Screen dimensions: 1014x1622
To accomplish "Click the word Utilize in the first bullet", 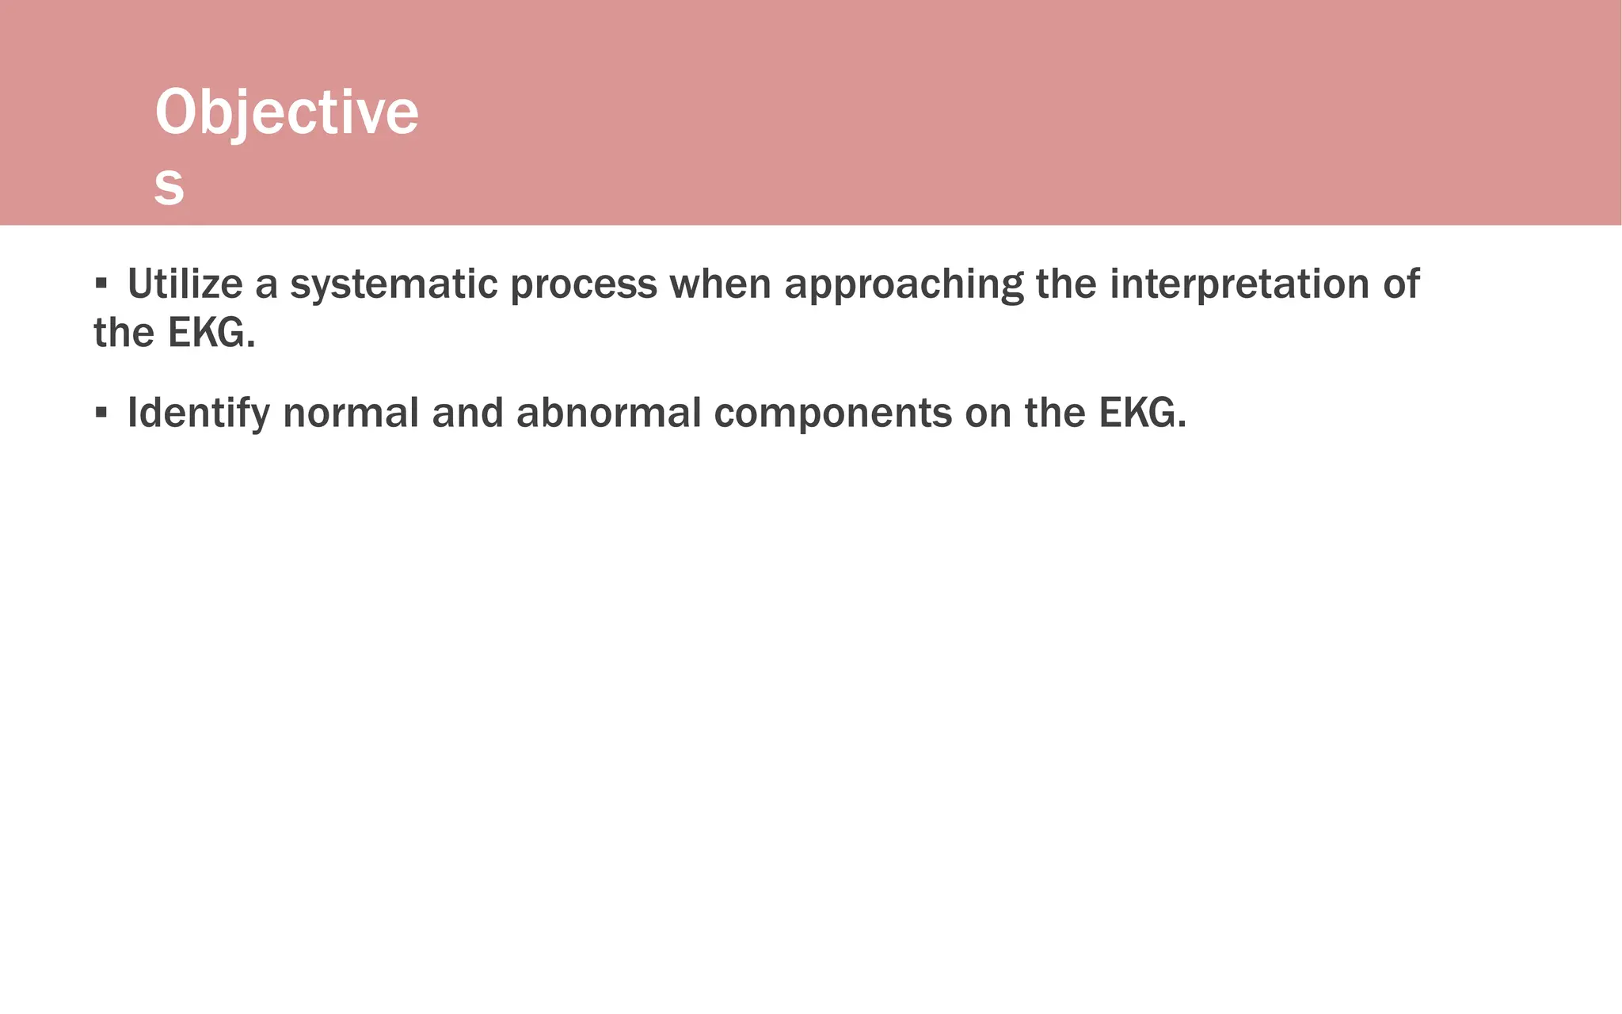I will (185, 284).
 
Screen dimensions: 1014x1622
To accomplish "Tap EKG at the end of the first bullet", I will (211, 333).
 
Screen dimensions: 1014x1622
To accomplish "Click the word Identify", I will (199, 414).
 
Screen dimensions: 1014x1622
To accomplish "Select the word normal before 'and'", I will (351, 414).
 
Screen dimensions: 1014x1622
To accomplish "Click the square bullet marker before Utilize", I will (101, 283).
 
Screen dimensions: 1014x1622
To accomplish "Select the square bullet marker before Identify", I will (101, 412).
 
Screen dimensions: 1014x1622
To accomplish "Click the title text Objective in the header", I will (286, 112).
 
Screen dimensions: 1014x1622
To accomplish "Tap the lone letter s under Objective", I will (169, 186).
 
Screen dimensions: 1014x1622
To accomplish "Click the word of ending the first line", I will (1401, 284).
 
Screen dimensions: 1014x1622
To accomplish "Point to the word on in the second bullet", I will (988, 414).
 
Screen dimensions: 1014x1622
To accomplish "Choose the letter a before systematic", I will (266, 285).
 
